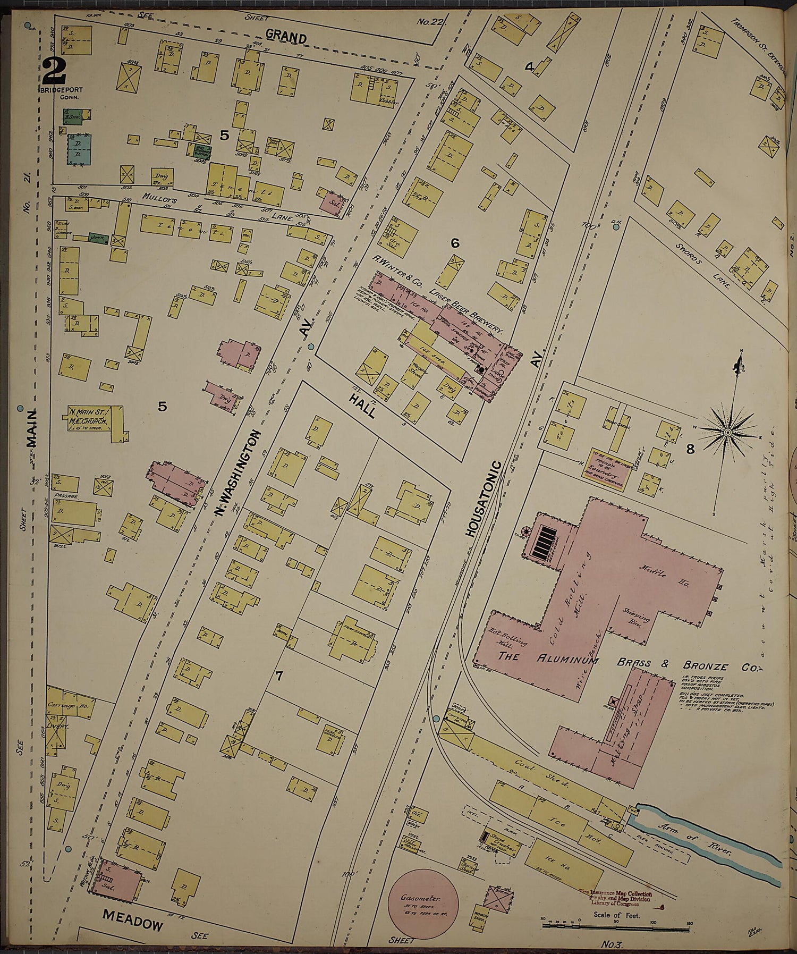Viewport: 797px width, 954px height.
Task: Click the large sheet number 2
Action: click(x=54, y=71)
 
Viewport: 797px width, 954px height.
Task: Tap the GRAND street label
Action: click(x=286, y=38)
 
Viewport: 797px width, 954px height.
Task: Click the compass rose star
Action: click(x=727, y=433)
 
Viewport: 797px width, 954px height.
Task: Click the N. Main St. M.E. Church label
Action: click(x=89, y=416)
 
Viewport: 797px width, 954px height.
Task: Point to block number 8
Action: click(x=690, y=450)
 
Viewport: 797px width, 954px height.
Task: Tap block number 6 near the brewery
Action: click(x=455, y=243)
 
